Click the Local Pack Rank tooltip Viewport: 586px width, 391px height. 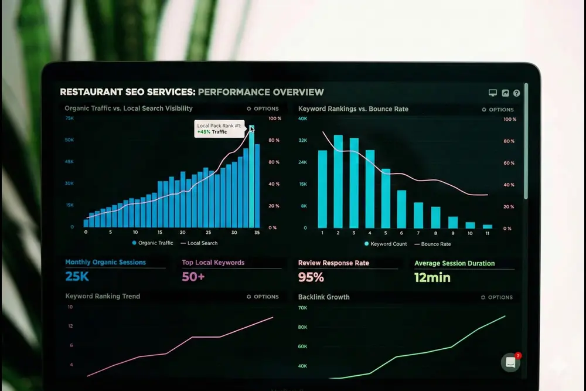219,129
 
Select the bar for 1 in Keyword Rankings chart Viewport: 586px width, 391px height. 322,189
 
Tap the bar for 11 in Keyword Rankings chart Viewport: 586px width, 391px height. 487,226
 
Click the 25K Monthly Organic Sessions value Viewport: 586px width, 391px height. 77,277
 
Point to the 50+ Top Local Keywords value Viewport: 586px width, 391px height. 193,277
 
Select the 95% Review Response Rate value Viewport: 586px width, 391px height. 311,277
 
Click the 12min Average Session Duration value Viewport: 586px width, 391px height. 432,277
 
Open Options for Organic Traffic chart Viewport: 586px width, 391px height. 263,109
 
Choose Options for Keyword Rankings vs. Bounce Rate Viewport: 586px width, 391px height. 498,110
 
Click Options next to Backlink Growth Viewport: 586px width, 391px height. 496,297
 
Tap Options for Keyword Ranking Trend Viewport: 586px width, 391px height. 263,297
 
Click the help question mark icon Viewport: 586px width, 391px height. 516,93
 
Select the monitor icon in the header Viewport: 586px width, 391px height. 492,93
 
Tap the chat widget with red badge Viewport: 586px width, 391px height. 510,362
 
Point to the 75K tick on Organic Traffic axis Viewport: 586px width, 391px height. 69,118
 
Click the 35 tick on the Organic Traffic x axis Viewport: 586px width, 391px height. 257,233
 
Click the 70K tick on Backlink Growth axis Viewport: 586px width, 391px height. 302,308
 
